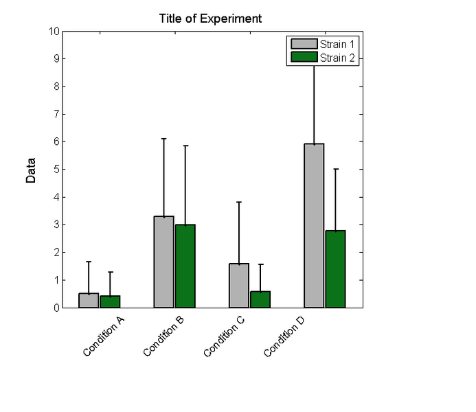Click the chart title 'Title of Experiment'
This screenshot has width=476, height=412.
pos(209,19)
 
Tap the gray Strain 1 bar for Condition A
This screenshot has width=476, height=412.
pos(89,301)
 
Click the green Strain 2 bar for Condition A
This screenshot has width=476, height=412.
pos(110,301)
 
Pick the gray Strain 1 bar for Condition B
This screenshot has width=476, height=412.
pos(163,262)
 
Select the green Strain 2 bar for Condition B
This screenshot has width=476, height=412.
pos(185,266)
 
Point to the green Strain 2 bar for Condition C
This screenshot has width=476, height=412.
pos(260,299)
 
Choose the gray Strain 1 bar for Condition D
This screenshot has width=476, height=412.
pos(314,226)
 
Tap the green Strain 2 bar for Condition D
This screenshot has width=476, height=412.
pos(335,269)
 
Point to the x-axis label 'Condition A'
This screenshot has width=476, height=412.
pos(103,336)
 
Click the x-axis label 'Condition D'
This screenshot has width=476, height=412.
pos(284,336)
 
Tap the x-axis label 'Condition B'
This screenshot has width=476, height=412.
pos(163,336)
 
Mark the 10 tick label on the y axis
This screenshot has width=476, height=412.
pos(54,31)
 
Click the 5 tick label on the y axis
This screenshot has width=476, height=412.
pos(56,170)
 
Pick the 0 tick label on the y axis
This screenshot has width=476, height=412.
pos(56,308)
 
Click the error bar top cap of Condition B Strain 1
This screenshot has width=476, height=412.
pos(163,139)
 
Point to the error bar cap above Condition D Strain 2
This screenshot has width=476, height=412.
pos(335,169)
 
